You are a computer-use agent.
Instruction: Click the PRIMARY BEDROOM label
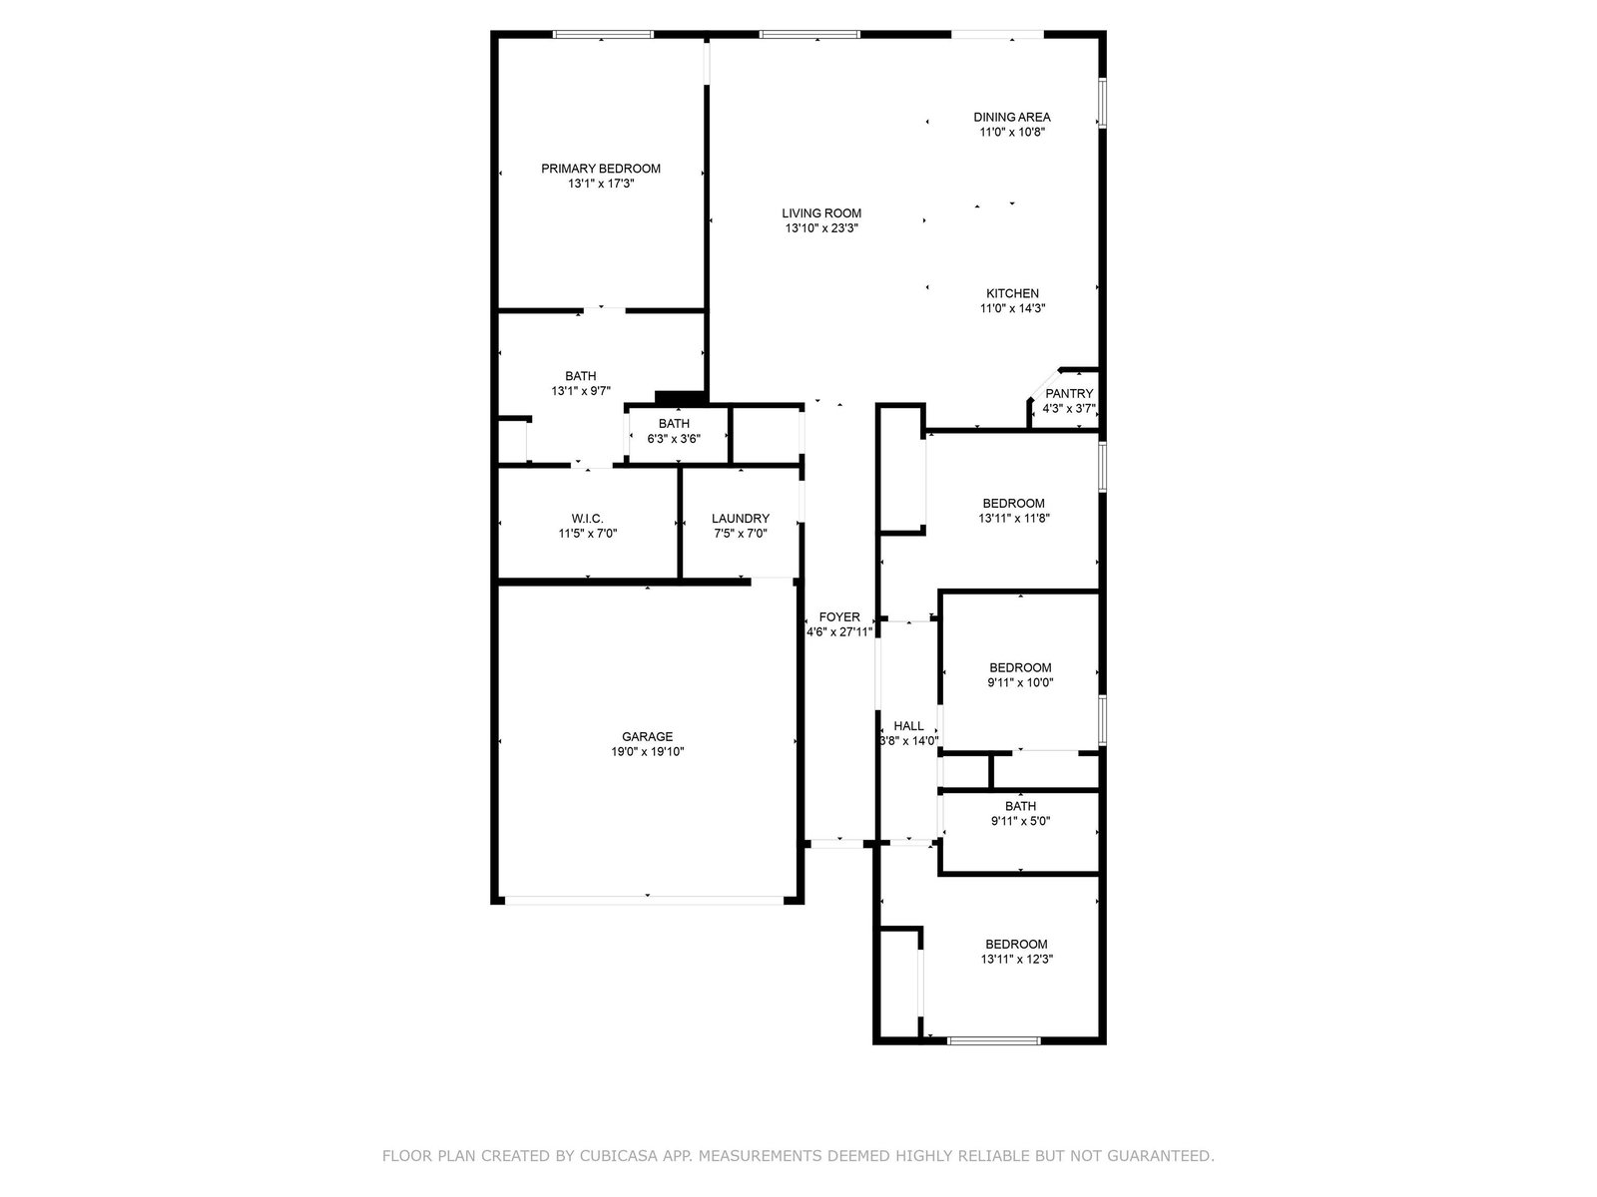pos(600,169)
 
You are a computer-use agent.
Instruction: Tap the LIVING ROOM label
pos(821,212)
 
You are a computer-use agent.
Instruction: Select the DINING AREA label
pos(1012,117)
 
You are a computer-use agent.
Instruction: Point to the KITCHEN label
pos(1012,293)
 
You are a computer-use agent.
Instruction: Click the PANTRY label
pos(1069,394)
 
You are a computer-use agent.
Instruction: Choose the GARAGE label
pos(647,737)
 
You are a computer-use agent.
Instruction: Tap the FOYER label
pos(838,617)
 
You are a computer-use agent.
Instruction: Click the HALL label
pos(908,726)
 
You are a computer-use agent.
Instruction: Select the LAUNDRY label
pos(740,518)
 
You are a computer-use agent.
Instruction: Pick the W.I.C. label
pos(587,518)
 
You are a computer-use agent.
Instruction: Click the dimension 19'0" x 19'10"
pos(647,751)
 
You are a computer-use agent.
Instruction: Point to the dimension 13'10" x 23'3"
pos(821,228)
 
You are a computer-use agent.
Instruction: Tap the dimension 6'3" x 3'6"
pos(674,439)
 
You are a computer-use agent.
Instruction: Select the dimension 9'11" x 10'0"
pos(1020,682)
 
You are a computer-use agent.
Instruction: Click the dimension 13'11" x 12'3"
pos(1016,959)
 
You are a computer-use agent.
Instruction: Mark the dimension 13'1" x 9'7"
pos(580,391)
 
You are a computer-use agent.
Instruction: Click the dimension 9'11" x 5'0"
pos(1020,821)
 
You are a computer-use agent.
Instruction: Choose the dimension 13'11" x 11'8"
pos(1013,518)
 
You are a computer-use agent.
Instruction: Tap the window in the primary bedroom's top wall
pos(602,34)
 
